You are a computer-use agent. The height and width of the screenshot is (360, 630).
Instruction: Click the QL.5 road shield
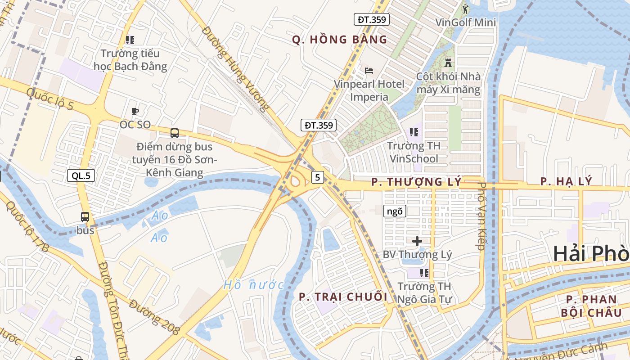(81, 175)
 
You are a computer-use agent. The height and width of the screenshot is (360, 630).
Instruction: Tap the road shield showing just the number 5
(318, 177)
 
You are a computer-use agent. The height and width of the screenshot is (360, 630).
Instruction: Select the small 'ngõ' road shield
(395, 211)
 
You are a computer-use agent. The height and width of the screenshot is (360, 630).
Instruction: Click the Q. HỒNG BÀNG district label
(340, 40)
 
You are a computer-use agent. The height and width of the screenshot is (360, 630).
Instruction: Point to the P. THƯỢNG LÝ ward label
(417, 182)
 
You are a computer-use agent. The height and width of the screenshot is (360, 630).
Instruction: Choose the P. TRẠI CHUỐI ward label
(343, 297)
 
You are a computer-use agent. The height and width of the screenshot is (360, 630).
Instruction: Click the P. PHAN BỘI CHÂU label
(594, 306)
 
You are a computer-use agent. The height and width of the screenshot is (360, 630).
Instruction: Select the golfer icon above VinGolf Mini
(465, 9)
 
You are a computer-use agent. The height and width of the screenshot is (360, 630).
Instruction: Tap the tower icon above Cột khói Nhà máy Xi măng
(448, 63)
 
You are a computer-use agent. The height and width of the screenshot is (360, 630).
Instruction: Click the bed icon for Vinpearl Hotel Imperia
(369, 71)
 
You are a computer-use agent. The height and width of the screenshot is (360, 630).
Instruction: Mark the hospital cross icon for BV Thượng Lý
(417, 241)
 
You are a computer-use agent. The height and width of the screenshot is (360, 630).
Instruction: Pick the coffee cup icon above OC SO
(135, 111)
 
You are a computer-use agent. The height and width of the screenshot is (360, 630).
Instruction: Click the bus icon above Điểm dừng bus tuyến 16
(174, 133)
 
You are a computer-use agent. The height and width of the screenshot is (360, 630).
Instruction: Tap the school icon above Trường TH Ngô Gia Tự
(424, 273)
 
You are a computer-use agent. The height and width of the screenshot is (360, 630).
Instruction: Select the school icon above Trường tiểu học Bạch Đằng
(130, 40)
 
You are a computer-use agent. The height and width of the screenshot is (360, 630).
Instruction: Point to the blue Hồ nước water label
(253, 285)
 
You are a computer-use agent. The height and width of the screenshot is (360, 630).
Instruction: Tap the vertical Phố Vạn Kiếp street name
(481, 216)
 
